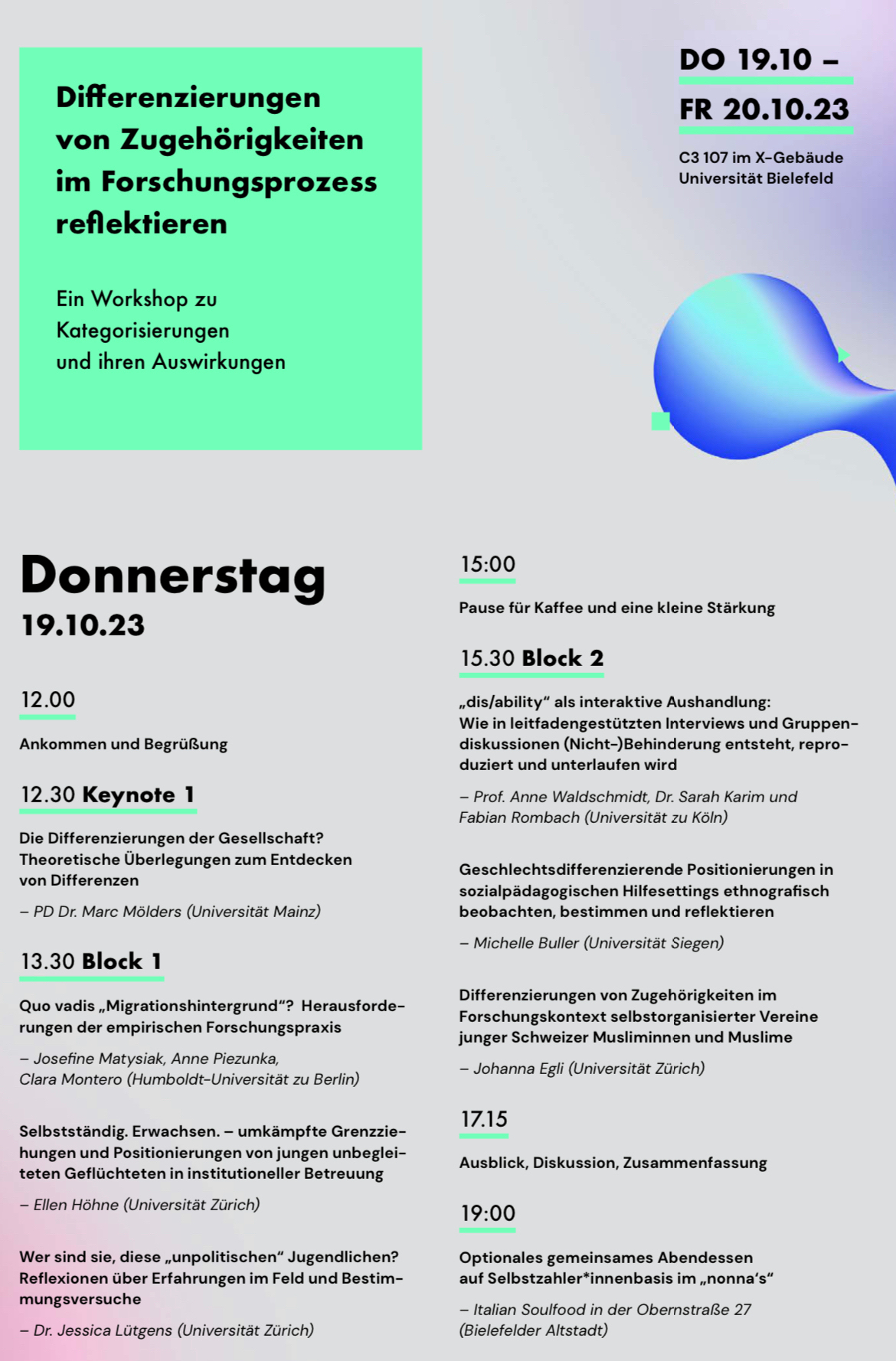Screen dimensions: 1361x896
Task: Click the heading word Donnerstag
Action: point(173,576)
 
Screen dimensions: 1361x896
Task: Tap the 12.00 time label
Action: point(47,700)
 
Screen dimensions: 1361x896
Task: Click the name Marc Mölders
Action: point(132,912)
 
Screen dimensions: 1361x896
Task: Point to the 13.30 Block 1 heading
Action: point(91,961)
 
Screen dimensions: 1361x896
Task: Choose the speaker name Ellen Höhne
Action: point(76,1205)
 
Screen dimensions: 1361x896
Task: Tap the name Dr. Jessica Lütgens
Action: point(103,1330)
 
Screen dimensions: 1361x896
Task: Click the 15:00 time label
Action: point(488,564)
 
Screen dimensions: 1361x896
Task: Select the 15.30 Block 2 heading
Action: point(531,658)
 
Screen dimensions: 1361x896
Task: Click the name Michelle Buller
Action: point(526,943)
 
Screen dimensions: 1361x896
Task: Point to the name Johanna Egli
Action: point(518,1069)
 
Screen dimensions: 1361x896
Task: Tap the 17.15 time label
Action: point(484,1119)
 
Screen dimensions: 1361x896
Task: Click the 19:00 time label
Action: point(488,1213)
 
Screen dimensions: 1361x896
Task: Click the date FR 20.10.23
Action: point(764,109)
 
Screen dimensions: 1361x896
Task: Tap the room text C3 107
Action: point(703,158)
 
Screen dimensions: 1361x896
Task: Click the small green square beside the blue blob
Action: point(660,420)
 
